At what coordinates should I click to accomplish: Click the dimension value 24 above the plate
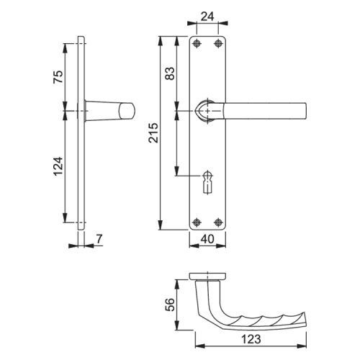coord(207,17)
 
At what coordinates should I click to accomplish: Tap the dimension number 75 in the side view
coord(58,76)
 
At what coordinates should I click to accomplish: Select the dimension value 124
coord(58,166)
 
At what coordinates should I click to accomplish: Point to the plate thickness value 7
coord(99,239)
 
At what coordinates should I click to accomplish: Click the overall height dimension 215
coord(153,132)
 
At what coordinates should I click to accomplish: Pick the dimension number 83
coord(170,73)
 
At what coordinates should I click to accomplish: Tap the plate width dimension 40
coord(207,239)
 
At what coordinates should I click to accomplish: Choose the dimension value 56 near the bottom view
coord(170,305)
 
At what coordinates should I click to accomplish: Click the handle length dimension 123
coord(251,339)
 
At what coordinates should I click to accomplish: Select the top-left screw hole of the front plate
coord(197,43)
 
